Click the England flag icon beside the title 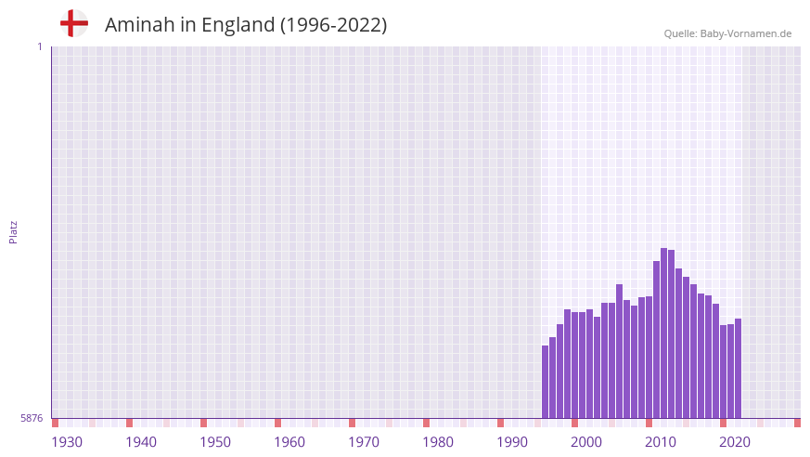pos(73,24)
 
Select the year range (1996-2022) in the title pos(333,25)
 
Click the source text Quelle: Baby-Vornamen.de pos(727,33)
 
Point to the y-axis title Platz pos(13,232)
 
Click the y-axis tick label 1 pos(39,46)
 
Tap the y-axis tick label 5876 pos(32,419)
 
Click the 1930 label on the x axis pos(67,442)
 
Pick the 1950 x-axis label pos(215,442)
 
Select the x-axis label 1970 pos(364,442)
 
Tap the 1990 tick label pos(512,442)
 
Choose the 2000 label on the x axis pos(586,442)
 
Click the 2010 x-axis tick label pos(661,442)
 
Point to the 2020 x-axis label pos(735,442)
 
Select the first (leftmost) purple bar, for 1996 pos(546,382)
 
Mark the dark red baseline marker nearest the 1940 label pos(130,423)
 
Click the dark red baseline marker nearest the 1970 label pos(353,423)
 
